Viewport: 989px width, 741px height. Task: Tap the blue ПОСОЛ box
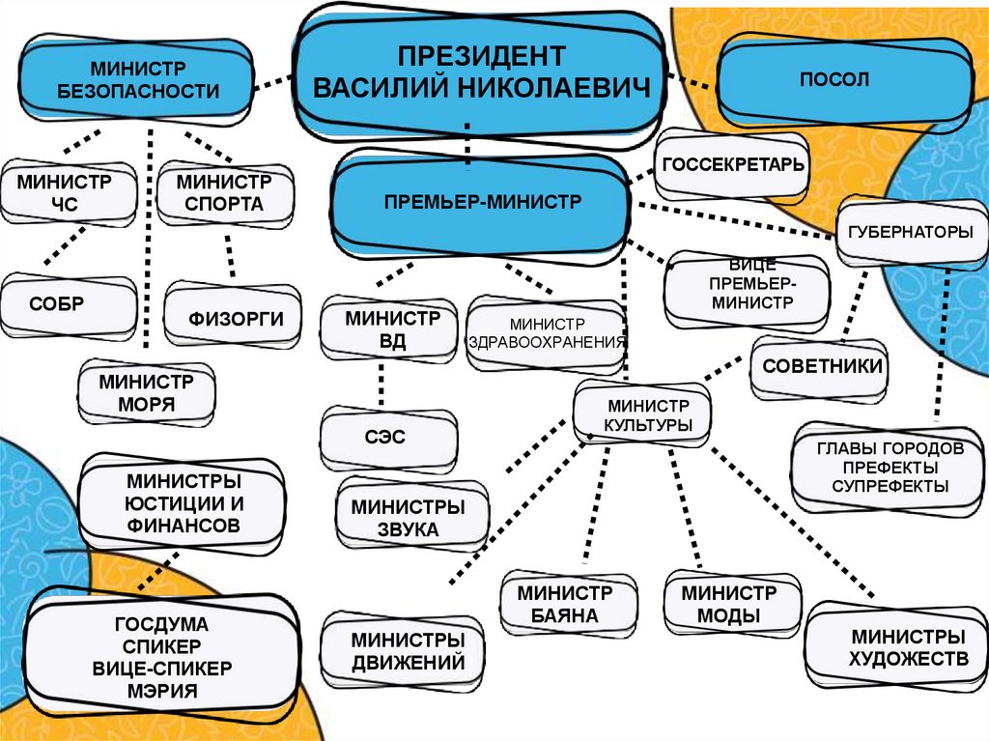point(840,80)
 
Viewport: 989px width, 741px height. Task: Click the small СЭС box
point(386,438)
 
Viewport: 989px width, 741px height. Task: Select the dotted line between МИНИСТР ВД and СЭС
point(382,385)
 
